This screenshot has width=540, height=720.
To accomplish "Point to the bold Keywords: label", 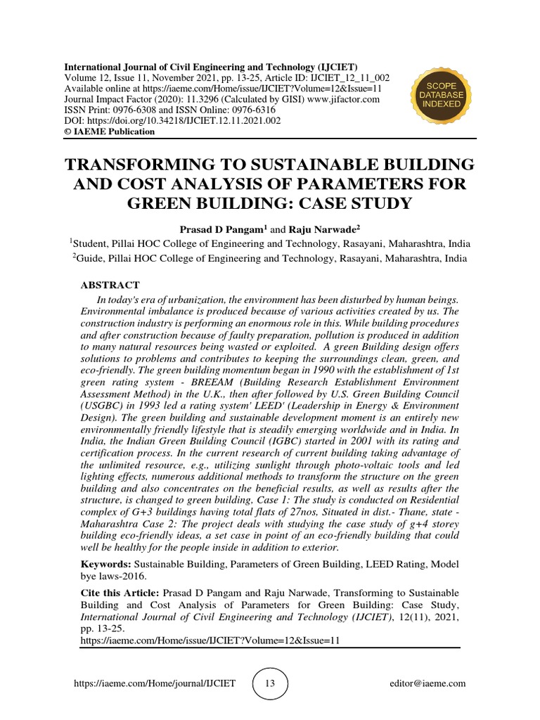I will pyautogui.click(x=106, y=564).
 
